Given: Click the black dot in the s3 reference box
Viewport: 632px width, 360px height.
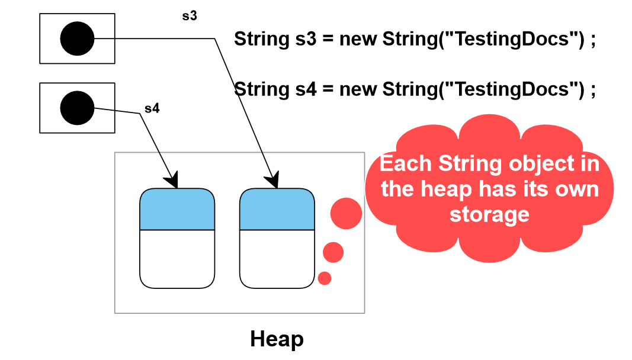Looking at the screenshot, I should pos(77,39).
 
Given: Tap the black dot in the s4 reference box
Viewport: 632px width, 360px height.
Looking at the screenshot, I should pos(77,108).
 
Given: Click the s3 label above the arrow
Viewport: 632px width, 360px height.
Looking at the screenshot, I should pos(189,16).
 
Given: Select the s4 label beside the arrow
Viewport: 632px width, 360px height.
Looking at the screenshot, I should pos(152,109).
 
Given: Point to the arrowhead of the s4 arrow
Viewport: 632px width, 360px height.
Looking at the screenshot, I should pos(172,181).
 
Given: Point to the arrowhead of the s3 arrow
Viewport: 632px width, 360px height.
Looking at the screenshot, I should pos(274,181).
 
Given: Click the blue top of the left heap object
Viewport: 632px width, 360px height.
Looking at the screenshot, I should pos(177,210).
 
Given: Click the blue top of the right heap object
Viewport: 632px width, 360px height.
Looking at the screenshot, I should pos(277,210).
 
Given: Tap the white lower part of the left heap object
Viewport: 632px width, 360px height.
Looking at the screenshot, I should pos(177,259).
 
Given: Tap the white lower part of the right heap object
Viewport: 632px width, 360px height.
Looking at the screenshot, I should pos(277,259).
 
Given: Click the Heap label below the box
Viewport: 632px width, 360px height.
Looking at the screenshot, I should pos(277,339).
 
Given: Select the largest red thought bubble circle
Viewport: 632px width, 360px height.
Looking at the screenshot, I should pos(346,213).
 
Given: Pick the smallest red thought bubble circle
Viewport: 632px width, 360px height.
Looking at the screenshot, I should pos(325,278).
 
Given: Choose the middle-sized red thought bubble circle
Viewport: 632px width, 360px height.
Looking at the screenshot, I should pos(333,252).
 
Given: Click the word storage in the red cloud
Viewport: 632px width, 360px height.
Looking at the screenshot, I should pos(489,214).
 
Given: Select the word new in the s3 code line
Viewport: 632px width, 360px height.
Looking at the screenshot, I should pos(358,39).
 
